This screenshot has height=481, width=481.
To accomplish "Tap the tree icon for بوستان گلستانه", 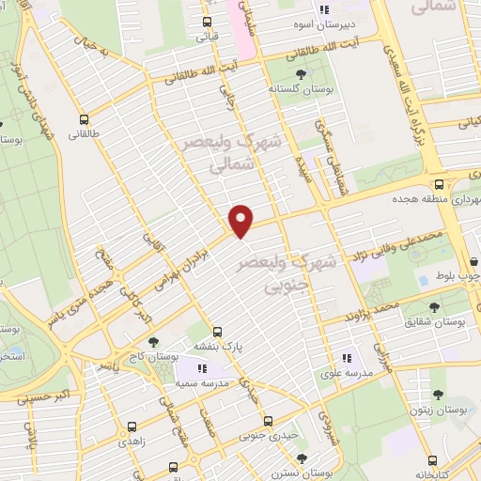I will tap(300, 72).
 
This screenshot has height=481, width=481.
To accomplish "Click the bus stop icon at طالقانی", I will tap(85, 119).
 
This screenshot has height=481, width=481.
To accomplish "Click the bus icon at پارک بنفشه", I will tap(217, 332).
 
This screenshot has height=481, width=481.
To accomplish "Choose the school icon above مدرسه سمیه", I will tap(200, 368).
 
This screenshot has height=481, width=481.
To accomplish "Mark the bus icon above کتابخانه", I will tap(431, 460).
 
